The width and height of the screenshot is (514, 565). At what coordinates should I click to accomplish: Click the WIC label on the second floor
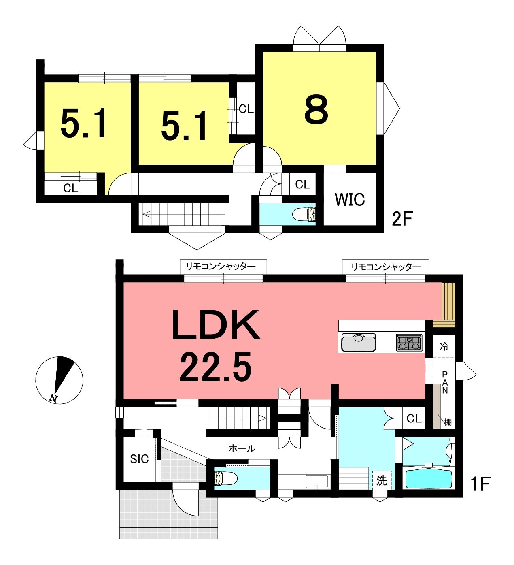pyautogui.click(x=350, y=199)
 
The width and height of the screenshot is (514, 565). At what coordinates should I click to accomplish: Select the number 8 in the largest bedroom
pyautogui.click(x=316, y=109)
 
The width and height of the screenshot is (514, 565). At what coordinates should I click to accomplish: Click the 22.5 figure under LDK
pyautogui.click(x=215, y=368)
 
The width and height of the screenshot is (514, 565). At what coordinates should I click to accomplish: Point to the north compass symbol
pyautogui.click(x=59, y=380)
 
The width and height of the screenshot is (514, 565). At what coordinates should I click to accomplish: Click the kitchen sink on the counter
pyautogui.click(x=358, y=342)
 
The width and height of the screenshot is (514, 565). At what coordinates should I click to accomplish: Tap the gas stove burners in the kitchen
pyautogui.click(x=409, y=342)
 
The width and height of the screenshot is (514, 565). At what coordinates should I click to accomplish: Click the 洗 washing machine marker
pyautogui.click(x=382, y=480)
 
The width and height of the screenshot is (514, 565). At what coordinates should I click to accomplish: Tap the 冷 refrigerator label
pyautogui.click(x=444, y=346)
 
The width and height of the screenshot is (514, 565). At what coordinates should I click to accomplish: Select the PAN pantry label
pyautogui.click(x=445, y=382)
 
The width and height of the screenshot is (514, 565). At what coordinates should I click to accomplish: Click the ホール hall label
pyautogui.click(x=242, y=448)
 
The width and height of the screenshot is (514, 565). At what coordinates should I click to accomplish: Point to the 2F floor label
pyautogui.click(x=402, y=219)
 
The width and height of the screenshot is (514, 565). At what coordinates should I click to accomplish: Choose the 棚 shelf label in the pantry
pyautogui.click(x=448, y=422)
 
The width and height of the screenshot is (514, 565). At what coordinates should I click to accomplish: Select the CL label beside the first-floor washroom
pyautogui.click(x=414, y=418)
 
